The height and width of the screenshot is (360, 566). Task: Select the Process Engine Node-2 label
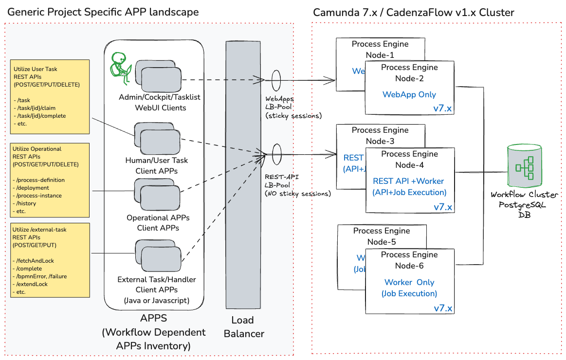point(409,73)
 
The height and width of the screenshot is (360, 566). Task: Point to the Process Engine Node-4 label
point(409,160)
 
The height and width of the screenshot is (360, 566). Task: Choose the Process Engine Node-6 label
point(409,260)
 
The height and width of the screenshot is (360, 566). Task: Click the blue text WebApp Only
point(409,94)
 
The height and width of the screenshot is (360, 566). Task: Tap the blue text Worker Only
point(409,282)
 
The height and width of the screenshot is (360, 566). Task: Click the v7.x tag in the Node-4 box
point(443,207)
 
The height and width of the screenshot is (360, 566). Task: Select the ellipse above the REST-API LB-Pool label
point(276,154)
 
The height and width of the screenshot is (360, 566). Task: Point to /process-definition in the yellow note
point(39,180)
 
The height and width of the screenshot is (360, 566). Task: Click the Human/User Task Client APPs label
point(157,165)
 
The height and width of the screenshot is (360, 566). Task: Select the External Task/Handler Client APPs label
point(157,285)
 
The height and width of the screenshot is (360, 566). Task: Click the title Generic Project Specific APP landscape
point(103,12)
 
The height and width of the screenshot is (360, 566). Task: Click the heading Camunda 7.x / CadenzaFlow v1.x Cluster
point(413,12)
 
